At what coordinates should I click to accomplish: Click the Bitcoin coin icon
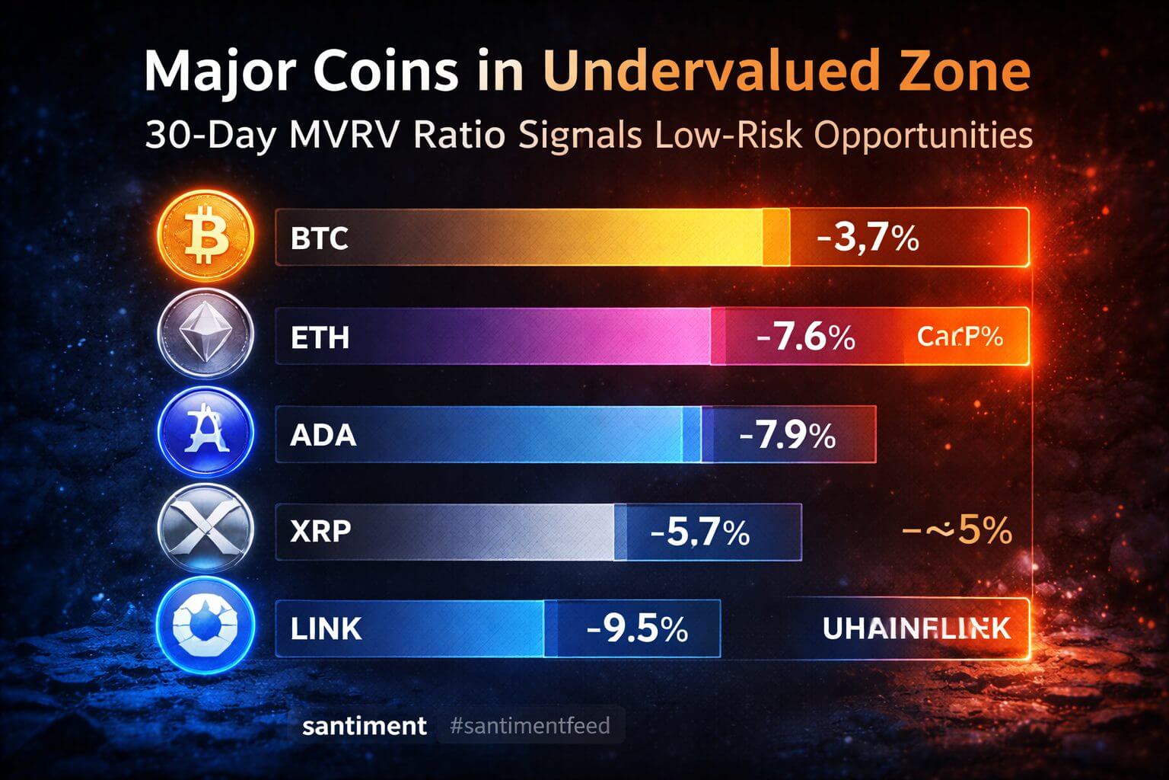pyautogui.click(x=204, y=237)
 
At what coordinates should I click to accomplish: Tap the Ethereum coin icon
pyautogui.click(x=204, y=336)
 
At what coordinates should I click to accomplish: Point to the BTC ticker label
pyautogui.click(x=320, y=238)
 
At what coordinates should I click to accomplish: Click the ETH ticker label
pyautogui.click(x=320, y=337)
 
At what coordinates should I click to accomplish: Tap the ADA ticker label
pyautogui.click(x=323, y=435)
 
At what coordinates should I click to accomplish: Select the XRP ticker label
pyautogui.click(x=321, y=530)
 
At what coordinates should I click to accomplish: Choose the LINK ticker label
pyautogui.click(x=326, y=628)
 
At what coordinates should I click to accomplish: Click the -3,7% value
pyautogui.click(x=868, y=238)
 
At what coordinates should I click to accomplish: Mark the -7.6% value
pyautogui.click(x=806, y=336)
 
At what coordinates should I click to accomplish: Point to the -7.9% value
pyautogui.click(x=787, y=435)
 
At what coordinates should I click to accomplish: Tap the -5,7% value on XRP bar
pyautogui.click(x=700, y=532)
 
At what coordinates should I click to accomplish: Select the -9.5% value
pyautogui.click(x=638, y=629)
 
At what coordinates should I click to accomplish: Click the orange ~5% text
pyautogui.click(x=957, y=529)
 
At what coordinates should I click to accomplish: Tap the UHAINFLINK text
pyautogui.click(x=916, y=628)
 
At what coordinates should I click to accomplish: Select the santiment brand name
pyautogui.click(x=365, y=725)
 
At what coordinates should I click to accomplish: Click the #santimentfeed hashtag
pyautogui.click(x=530, y=725)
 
